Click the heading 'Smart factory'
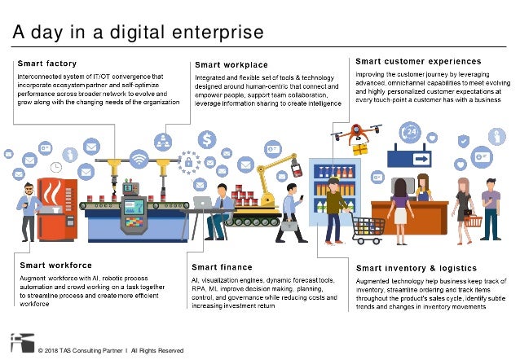tap(48, 64)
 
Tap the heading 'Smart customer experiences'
tap(418, 61)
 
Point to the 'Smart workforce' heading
tap(55, 266)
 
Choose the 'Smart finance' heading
tap(222, 267)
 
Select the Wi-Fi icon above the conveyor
tap(139, 158)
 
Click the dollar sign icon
tap(207, 139)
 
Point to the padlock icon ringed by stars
tap(189, 162)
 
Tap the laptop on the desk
tap(202, 202)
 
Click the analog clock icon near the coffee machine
tap(56, 167)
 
